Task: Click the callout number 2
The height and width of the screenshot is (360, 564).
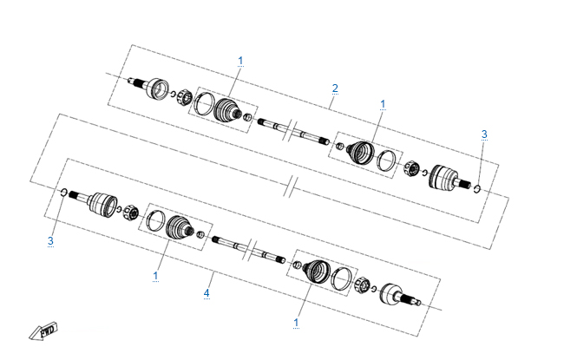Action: point(335,88)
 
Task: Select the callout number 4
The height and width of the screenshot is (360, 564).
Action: point(207,293)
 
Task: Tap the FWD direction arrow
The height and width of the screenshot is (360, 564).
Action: point(43,331)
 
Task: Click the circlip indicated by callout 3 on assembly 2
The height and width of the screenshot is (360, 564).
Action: point(477,188)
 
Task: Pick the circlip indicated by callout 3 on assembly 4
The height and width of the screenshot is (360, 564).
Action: point(63,192)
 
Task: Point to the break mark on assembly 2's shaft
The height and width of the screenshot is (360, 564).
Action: point(292,132)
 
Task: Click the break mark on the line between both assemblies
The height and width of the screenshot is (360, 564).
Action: point(291,187)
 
